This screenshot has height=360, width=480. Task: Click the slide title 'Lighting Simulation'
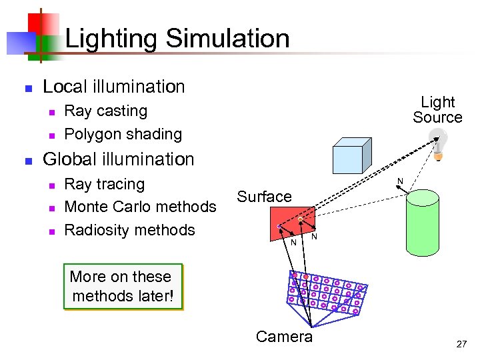pyautogui.click(x=177, y=39)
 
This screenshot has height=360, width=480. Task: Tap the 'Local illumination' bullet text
pyautogui.click(x=113, y=87)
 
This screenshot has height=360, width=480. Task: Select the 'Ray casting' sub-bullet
pyautogui.click(x=105, y=111)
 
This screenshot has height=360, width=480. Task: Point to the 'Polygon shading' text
pyautogui.click(x=123, y=134)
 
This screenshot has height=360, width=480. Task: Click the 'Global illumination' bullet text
pyautogui.click(x=118, y=159)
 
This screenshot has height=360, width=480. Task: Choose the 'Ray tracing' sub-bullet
pyautogui.click(x=104, y=184)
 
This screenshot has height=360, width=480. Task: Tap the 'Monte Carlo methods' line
pyautogui.click(x=140, y=207)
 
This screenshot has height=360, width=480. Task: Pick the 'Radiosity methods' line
pyautogui.click(x=129, y=230)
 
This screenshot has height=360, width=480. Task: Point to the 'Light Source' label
pyautogui.click(x=437, y=110)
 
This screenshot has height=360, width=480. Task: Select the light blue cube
pyautogui.click(x=351, y=156)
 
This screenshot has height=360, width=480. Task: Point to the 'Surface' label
pyautogui.click(x=265, y=197)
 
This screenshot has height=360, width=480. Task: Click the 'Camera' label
pyautogui.click(x=284, y=337)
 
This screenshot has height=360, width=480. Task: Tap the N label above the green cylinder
pyautogui.click(x=400, y=181)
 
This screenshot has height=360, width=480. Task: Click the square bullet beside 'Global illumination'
pyautogui.click(x=27, y=161)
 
